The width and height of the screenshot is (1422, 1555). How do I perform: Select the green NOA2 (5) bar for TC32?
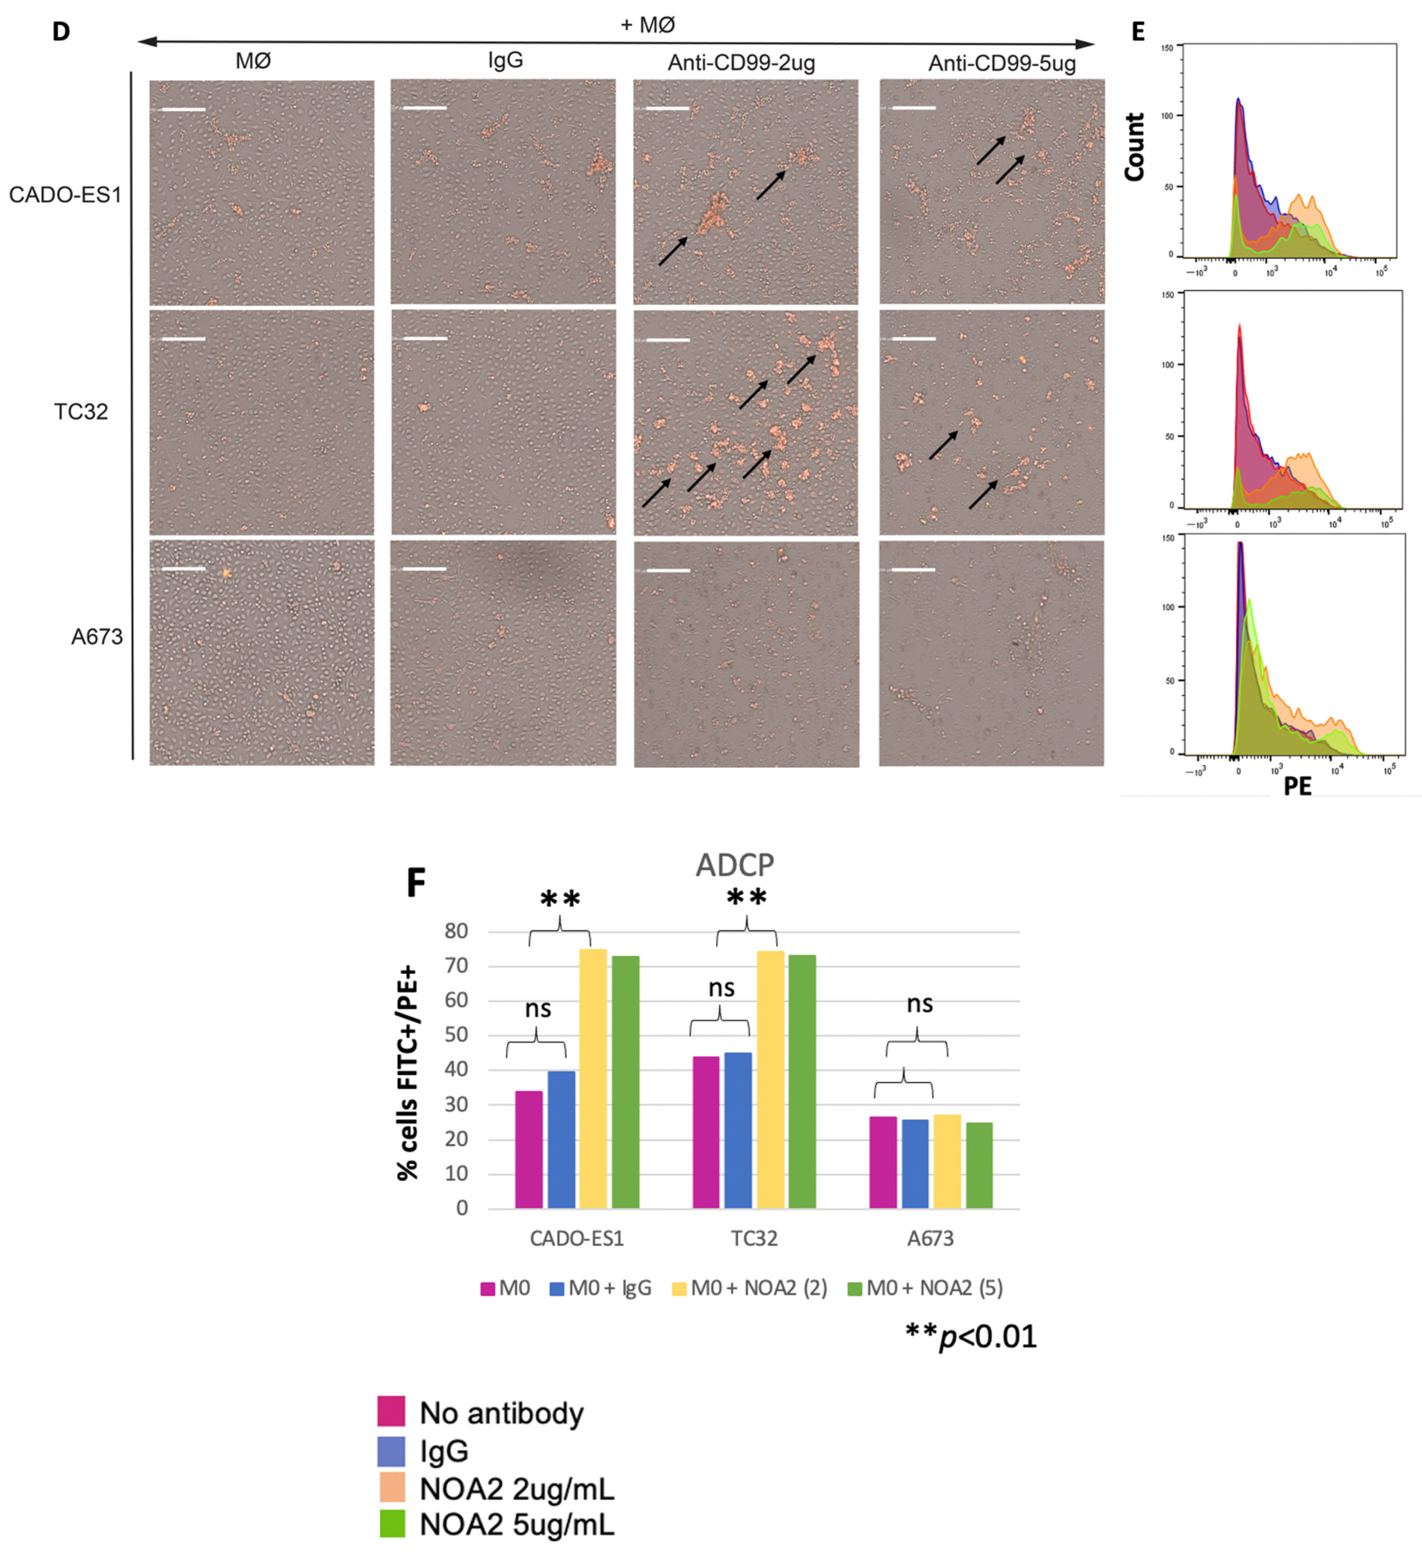coord(802,1081)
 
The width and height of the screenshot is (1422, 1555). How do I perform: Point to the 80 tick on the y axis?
coord(456,931)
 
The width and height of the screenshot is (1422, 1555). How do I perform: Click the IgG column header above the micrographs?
coord(505,60)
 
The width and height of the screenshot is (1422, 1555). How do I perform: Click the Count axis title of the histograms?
coord(1133,146)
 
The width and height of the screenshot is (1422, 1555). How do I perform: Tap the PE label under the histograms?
coord(1297,786)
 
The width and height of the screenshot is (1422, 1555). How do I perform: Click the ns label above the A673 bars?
coord(919,1003)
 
